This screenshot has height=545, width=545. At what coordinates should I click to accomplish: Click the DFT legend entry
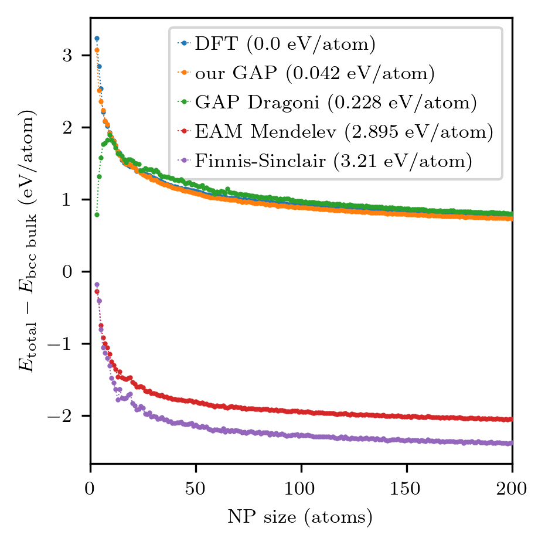point(285,43)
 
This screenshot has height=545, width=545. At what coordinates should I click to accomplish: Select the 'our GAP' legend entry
point(314,73)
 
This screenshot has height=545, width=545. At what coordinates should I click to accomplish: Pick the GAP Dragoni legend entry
point(336,103)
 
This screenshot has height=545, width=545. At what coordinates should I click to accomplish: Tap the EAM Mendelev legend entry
point(344,132)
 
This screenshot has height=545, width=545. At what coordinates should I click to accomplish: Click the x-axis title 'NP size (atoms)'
point(301,517)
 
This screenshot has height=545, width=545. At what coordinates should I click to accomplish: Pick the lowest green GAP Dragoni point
point(97,214)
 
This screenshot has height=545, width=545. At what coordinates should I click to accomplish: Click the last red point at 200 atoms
point(511,419)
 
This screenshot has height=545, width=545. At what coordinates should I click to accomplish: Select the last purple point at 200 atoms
point(511,443)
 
